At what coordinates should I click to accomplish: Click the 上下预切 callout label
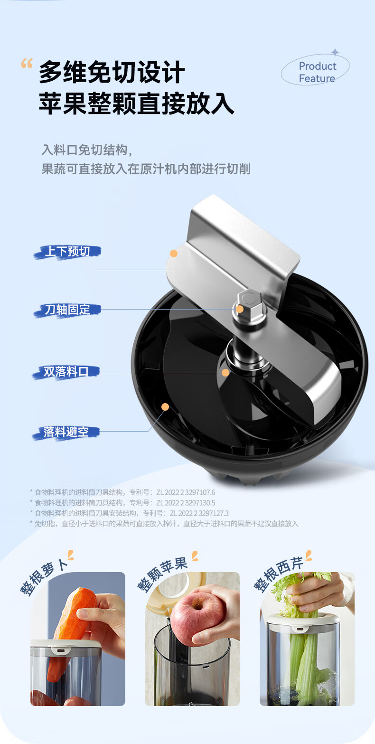coord(67,252)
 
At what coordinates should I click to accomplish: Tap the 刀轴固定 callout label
coord(67,310)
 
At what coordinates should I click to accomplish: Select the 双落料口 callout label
coord(66,372)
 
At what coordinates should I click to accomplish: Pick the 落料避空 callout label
coord(66,433)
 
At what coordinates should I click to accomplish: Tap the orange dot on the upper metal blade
coord(174,254)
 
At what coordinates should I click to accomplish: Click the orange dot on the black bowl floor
coord(165,406)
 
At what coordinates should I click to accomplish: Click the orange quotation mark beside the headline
coord(27,63)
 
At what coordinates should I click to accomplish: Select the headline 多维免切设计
coord(112,72)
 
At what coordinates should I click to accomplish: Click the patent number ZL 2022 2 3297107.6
coord(186,492)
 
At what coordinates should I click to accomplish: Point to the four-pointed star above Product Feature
coord(335,52)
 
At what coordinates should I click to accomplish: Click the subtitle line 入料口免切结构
coord(87,150)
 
